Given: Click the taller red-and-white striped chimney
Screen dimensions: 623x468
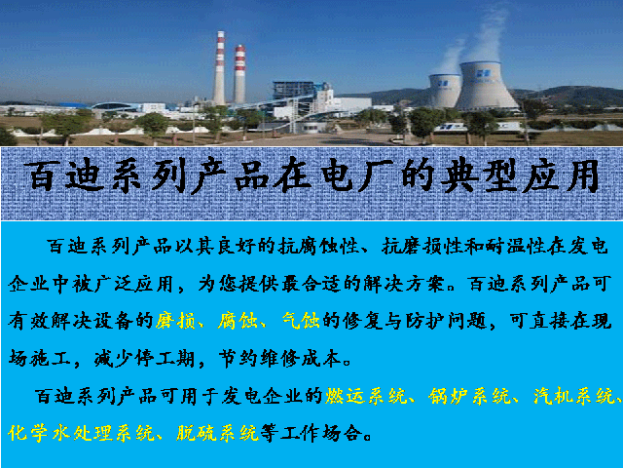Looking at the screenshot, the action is pos(219,67).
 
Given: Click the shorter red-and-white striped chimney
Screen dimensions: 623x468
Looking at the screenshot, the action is pos(239,74).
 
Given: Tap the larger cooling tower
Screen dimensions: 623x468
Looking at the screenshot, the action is pos(486,86).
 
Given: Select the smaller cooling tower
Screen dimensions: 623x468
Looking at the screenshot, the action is pos(445,91).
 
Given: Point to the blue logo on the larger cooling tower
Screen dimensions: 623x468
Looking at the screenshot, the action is pos(484,73).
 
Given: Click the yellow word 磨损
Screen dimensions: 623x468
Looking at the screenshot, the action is pos(175,321).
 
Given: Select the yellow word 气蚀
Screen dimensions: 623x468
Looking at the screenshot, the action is pos(301,321).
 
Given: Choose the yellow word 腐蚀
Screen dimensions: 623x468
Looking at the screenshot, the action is pos(238,321).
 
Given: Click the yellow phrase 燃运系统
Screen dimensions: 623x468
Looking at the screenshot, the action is pos(366,396).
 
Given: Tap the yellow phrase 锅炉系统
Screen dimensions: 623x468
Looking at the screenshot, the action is pos(469,396).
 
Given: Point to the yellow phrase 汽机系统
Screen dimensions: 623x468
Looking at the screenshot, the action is pos(573,396).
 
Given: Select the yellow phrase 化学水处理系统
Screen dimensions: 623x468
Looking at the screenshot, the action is pos(82,433).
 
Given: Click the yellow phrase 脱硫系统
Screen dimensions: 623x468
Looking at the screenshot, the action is pos(218,433).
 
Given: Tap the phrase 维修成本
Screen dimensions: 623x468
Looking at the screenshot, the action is pos(301,358).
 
